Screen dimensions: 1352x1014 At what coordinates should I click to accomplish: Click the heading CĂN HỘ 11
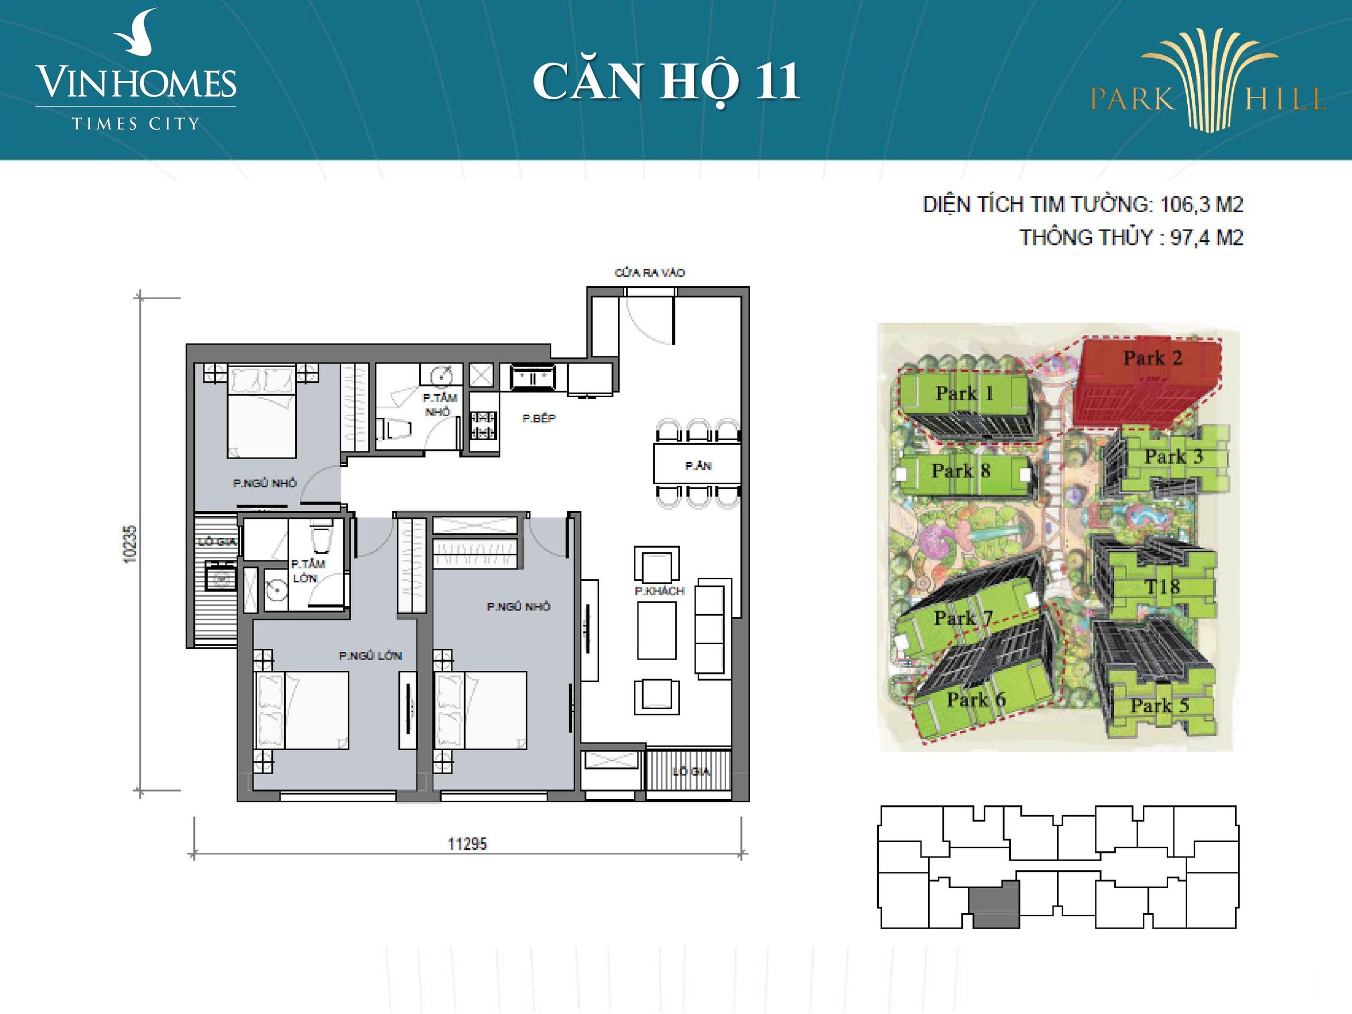[666, 82]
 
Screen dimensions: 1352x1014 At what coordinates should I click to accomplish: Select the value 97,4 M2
[1207, 237]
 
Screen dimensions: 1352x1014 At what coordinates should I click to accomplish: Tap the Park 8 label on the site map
[960, 471]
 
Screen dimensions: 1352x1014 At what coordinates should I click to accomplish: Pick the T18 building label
[1161, 587]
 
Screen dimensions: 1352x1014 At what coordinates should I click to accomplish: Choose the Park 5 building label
[1159, 706]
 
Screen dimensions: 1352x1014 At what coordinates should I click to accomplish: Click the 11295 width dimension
[467, 844]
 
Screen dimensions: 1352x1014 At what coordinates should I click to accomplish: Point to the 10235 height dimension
[130, 544]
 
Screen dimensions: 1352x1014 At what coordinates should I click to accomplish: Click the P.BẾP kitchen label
[539, 419]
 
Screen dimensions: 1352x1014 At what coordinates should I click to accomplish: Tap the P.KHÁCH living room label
[660, 591]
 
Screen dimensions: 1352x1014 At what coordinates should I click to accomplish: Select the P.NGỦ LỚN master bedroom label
[370, 656]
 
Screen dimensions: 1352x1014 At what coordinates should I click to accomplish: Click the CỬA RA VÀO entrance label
[650, 273]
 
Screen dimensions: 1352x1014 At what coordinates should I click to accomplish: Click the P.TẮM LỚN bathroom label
[307, 571]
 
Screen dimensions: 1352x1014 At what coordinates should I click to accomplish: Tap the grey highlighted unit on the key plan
[995, 905]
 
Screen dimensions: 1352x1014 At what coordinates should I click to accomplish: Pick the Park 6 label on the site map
[976, 699]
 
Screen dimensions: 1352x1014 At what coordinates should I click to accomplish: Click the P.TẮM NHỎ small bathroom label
[439, 405]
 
